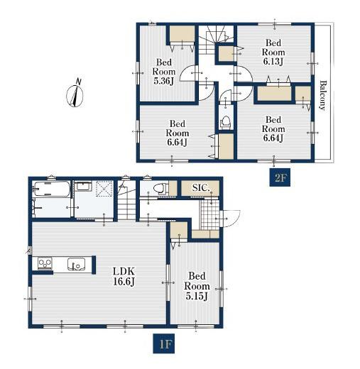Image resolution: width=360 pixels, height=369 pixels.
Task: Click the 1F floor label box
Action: click(x=164, y=343)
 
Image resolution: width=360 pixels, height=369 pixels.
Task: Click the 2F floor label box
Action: click(x=280, y=177)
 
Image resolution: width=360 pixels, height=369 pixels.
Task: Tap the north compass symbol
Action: click(x=75, y=94)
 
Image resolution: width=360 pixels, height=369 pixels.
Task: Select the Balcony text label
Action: click(x=323, y=95)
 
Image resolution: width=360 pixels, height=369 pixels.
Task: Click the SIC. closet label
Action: click(x=201, y=188)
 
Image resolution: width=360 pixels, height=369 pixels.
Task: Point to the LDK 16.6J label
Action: click(x=124, y=276)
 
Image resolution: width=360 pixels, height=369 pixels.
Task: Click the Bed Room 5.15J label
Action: click(x=197, y=286)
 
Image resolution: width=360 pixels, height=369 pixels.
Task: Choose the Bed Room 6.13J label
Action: click(x=273, y=53)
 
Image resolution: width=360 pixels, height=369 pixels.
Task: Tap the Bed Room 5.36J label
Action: click(x=164, y=72)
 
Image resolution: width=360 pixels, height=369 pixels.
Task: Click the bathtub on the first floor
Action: click(x=51, y=189)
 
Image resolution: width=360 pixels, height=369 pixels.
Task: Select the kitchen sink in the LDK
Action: click(x=76, y=264)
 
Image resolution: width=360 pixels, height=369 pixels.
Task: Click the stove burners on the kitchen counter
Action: click(x=45, y=264)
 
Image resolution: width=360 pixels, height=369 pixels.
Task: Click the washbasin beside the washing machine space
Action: click(x=83, y=187)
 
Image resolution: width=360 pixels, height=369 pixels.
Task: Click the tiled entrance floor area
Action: click(x=209, y=215)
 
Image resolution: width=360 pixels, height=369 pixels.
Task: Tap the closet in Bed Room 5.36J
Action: click(x=182, y=34)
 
